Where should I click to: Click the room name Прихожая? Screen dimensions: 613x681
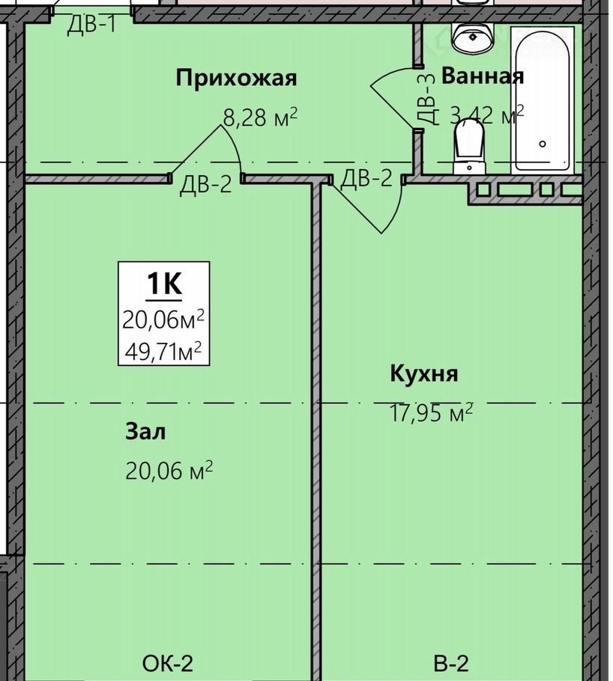[x=236, y=79]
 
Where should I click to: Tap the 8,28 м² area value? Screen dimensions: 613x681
[x=260, y=117]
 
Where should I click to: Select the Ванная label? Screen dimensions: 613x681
[x=483, y=76]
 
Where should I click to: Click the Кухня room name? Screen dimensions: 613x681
[x=423, y=373]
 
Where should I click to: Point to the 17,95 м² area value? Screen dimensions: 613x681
[x=431, y=412]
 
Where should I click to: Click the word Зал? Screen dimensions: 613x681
[x=145, y=432]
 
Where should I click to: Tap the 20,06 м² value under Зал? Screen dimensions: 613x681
[x=169, y=471]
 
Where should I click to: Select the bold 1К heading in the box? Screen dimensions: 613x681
[x=164, y=284]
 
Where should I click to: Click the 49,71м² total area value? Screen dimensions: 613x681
[x=163, y=351]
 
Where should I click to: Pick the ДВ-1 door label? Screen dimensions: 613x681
[x=92, y=24]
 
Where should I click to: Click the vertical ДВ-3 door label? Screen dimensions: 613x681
[x=426, y=100]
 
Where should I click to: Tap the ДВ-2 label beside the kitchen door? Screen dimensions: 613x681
[x=366, y=178]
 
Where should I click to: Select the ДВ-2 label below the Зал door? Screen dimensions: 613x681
[x=206, y=184]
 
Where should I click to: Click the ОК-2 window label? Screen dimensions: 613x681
[x=168, y=664]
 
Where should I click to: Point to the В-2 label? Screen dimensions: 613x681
[x=451, y=664]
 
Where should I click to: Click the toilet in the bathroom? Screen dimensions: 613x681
[x=469, y=146]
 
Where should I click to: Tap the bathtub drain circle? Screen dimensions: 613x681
[x=543, y=144]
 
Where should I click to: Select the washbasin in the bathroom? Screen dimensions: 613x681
[x=472, y=38]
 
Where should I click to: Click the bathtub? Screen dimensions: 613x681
[x=543, y=99]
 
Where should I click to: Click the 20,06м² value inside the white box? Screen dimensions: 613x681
[x=163, y=320]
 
